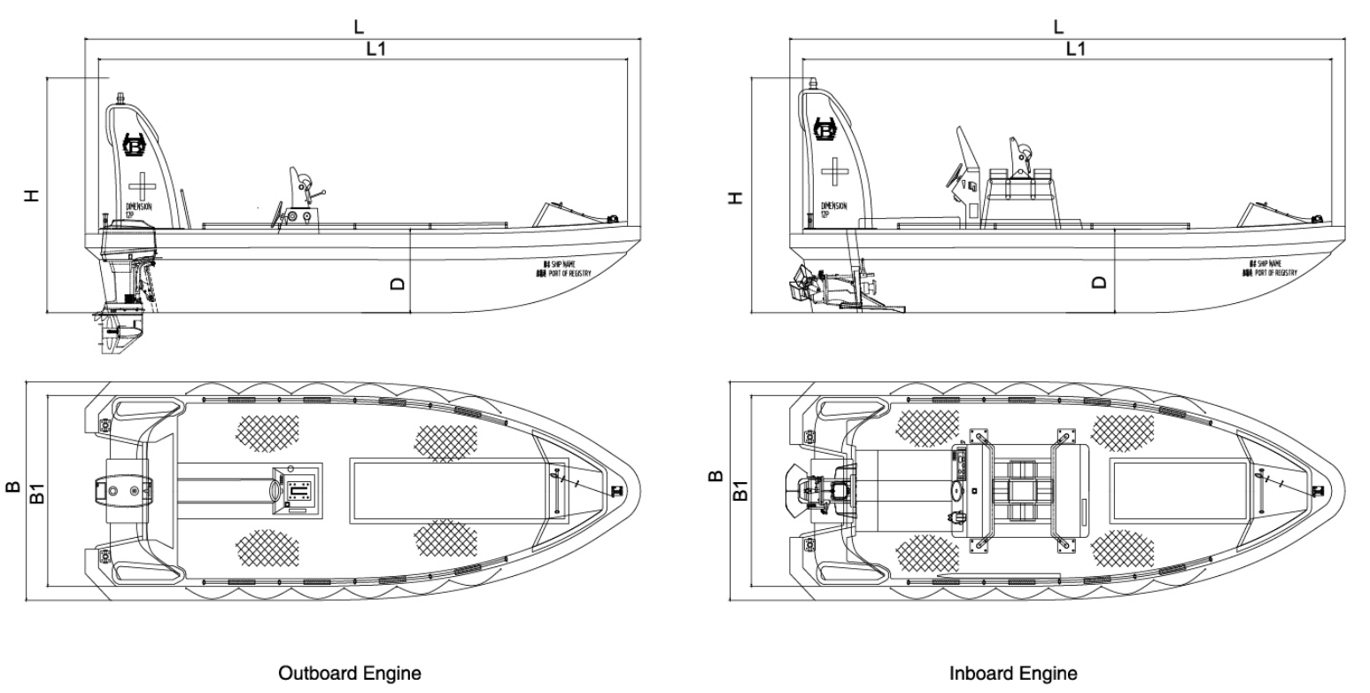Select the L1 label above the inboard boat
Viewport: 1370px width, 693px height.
pos(1074,50)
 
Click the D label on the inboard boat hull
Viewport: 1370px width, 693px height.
pos(1100,283)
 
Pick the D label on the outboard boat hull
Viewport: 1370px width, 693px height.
pos(398,283)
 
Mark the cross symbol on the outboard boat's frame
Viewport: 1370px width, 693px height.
pos(139,187)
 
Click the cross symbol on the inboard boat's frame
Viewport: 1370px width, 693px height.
pos(833,170)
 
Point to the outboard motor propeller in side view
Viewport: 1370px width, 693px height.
pos(118,335)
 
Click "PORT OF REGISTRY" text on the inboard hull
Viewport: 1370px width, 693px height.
pos(1275,273)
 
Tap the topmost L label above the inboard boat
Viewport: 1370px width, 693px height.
pos(1058,27)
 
